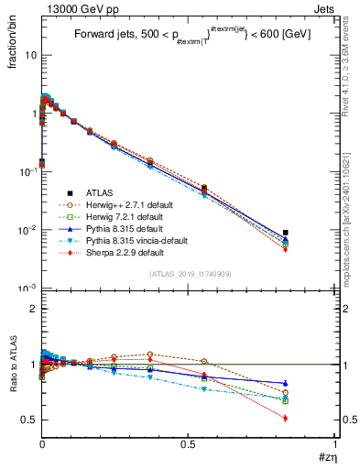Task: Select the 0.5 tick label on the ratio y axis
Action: pos(28,420)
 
